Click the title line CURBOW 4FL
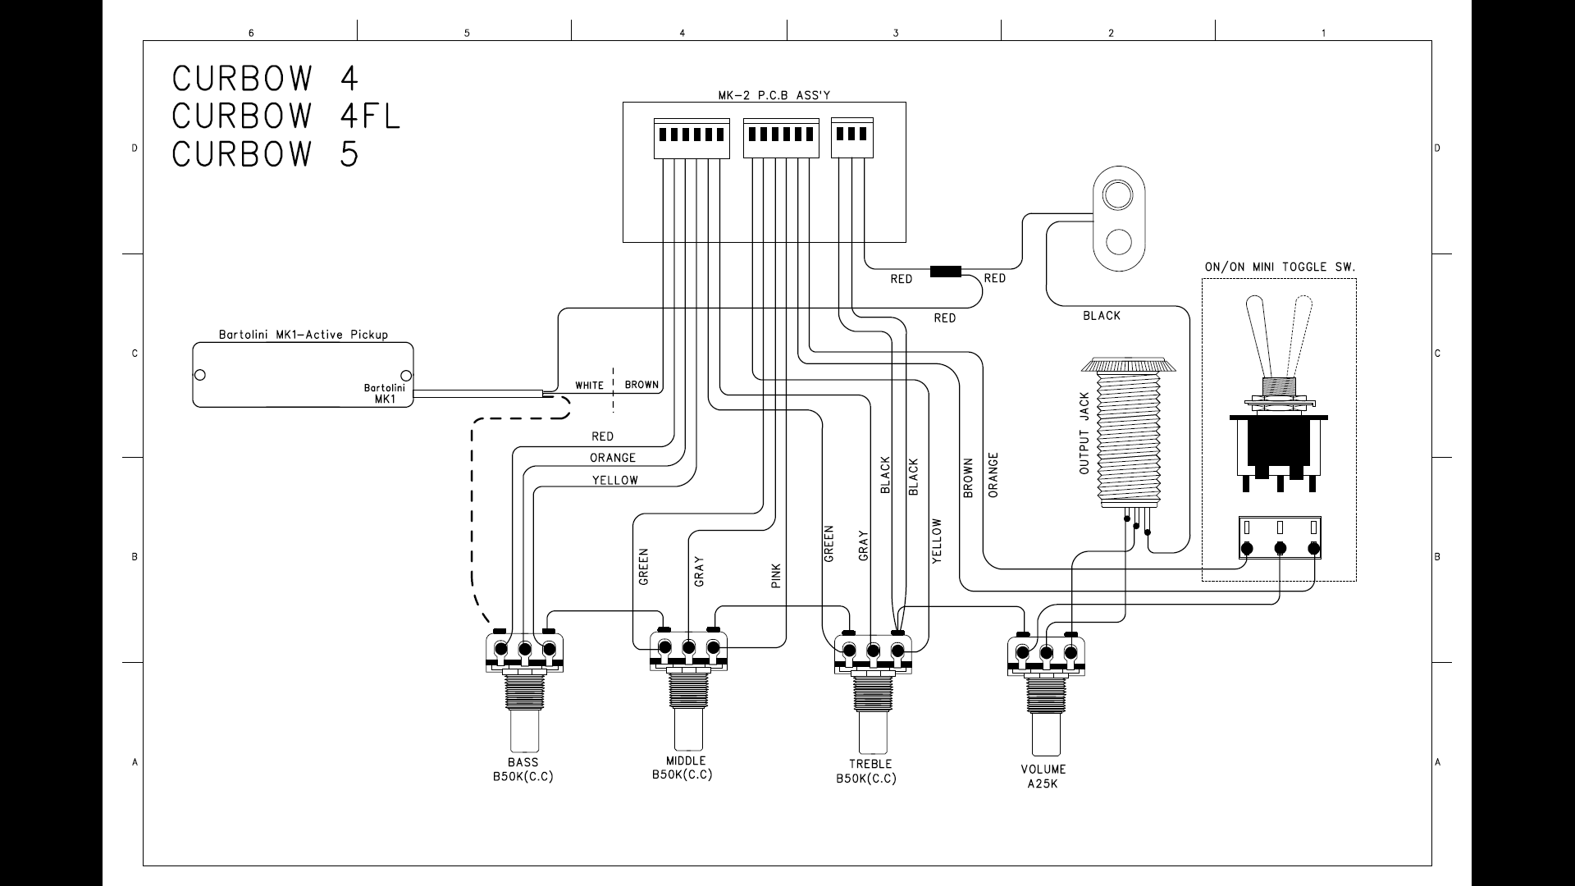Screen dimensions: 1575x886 (286, 116)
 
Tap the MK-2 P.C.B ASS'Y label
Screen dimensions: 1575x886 (763, 95)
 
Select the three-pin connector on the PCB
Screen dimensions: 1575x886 (852, 137)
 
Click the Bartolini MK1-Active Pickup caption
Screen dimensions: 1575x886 (304, 335)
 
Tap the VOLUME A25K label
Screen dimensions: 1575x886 (1043, 776)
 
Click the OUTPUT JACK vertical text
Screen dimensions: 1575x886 (1084, 433)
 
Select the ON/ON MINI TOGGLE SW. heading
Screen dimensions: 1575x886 (1280, 267)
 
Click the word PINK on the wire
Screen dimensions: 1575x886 (776, 576)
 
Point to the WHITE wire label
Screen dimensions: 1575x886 (589, 386)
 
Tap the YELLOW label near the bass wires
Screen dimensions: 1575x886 (615, 481)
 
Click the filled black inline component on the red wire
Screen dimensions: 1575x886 (946, 272)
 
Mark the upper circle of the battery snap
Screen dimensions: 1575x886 (1116, 196)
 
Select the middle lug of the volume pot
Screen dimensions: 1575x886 (1047, 653)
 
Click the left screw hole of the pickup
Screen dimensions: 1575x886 (199, 376)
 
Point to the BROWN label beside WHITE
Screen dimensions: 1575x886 (641, 385)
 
